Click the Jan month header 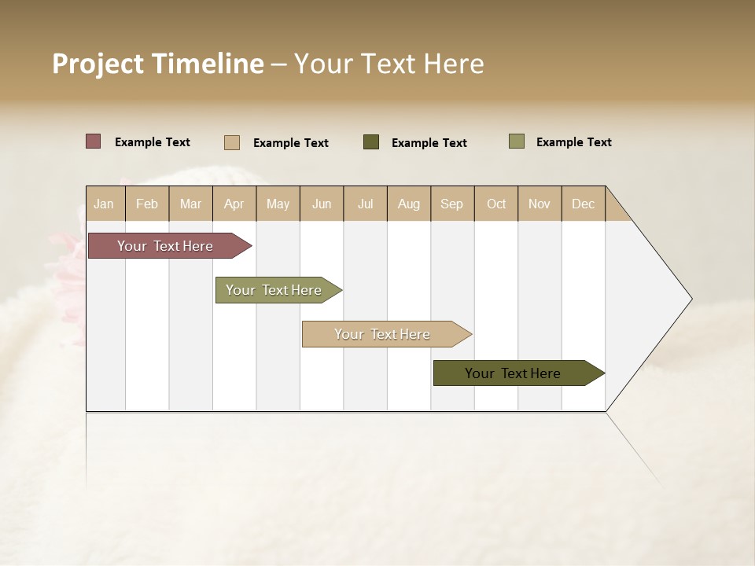105,204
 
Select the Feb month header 147,204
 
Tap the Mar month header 190,204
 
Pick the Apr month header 234,204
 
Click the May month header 278,204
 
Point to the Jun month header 322,204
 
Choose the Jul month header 365,204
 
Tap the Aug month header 409,204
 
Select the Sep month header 452,204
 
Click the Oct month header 496,204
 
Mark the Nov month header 540,204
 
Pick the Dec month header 584,204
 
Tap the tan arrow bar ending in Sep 383,334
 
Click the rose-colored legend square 94,141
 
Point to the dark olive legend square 371,142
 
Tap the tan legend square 232,142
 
